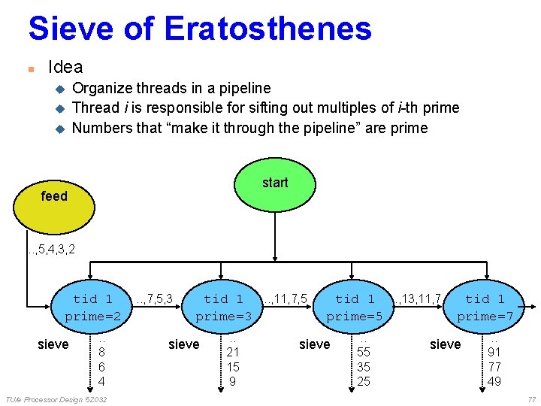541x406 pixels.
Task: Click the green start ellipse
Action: click(275, 183)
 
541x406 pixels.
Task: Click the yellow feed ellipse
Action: click(54, 197)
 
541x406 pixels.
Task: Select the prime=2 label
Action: click(93, 317)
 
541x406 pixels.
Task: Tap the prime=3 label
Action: click(223, 317)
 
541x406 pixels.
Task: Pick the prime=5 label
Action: click(355, 317)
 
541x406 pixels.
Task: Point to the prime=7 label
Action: click(485, 317)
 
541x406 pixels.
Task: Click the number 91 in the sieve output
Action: click(494, 352)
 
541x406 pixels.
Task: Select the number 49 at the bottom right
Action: click(494, 382)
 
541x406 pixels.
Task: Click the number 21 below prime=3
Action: click(233, 352)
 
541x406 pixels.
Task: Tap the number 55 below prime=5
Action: click(364, 352)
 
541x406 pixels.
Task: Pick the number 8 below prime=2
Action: click(101, 352)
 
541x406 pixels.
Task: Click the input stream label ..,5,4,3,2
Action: click(51, 247)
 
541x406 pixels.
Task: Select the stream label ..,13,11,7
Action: click(417, 299)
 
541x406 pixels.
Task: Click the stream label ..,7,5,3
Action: click(155, 299)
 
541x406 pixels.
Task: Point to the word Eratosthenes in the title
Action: click(268, 29)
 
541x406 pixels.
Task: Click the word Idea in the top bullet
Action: click(65, 67)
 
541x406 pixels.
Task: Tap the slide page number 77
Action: click(531, 399)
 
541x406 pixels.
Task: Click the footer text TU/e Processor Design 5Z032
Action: click(56, 399)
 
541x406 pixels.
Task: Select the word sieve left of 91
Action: click(445, 344)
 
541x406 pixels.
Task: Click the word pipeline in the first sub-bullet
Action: click(245, 88)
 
